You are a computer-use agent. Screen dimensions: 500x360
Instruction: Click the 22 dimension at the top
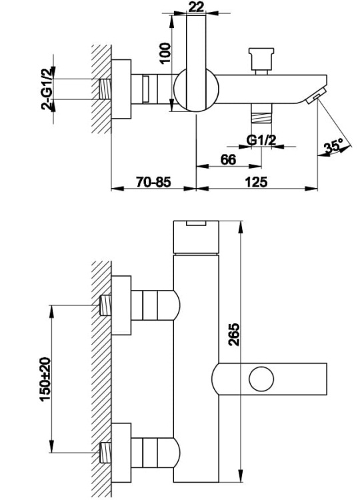(195, 7)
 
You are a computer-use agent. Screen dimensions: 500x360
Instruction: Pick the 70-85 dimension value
(153, 181)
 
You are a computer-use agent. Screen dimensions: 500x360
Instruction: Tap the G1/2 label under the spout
(261, 139)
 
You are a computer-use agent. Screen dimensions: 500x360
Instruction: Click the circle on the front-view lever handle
(261, 379)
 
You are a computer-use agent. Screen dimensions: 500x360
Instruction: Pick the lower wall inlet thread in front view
(103, 453)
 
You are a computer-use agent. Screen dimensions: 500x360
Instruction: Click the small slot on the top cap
(195, 224)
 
